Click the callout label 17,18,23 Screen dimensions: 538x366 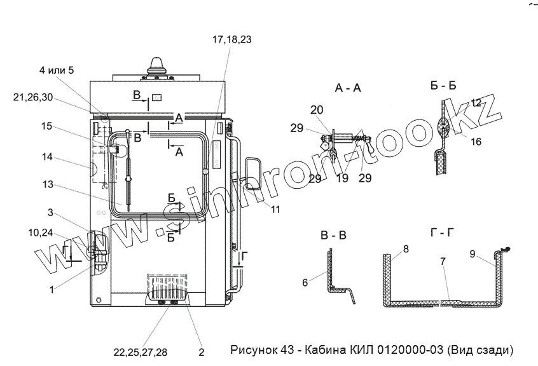click(x=231, y=39)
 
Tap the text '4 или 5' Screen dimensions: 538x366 click(x=57, y=71)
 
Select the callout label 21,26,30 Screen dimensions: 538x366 click(x=33, y=98)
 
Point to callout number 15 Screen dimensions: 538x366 click(x=46, y=126)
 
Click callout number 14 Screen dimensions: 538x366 click(x=46, y=157)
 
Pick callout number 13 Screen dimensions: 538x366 click(x=48, y=185)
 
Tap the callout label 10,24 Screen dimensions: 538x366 click(x=41, y=233)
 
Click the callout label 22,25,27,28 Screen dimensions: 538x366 click(x=141, y=352)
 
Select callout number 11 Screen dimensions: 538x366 click(x=275, y=210)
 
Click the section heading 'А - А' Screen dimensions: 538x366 click(x=348, y=88)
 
